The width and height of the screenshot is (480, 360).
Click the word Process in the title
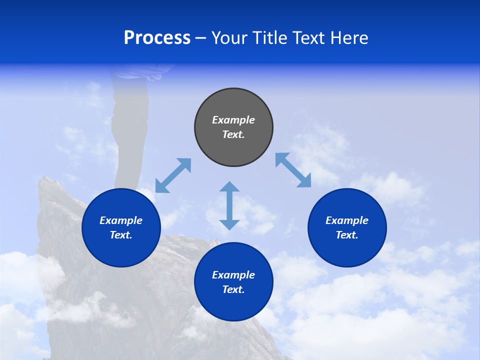coord(157,38)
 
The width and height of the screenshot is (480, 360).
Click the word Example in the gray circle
coord(233,120)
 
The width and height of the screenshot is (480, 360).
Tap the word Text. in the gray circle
coord(233,134)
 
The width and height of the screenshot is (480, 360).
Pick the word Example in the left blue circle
coord(121,220)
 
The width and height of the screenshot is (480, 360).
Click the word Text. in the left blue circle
coord(121,235)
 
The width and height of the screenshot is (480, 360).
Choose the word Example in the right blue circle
coord(347,220)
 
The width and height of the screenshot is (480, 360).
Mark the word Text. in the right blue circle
coord(347,235)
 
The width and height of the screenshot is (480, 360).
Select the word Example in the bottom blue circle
coord(233,275)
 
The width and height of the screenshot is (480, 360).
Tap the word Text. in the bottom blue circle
coord(233,289)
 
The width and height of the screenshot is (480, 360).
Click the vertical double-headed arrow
coord(229,205)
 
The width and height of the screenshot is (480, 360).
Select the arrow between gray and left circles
coord(173,175)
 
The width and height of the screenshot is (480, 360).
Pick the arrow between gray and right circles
coord(293,170)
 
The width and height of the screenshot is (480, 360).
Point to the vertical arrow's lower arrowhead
coord(229,224)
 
